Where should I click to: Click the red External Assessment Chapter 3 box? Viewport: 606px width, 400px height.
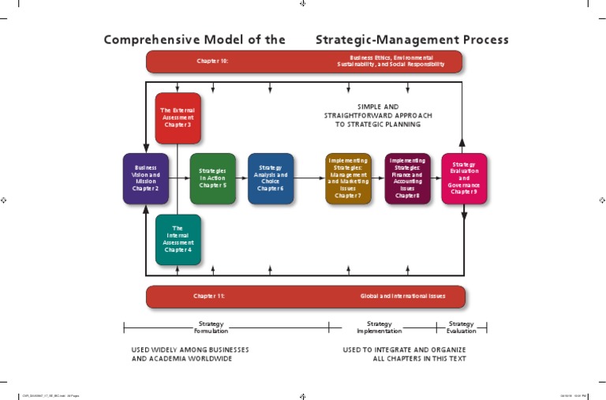coord(178,118)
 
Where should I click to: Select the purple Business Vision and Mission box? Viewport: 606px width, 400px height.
coord(145,178)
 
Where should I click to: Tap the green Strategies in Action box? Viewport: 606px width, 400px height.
coord(212,178)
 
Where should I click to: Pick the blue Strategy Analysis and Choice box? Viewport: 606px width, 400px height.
coord(270,178)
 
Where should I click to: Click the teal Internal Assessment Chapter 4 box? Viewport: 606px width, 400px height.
coord(178,239)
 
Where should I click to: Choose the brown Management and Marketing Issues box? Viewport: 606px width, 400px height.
coord(348,178)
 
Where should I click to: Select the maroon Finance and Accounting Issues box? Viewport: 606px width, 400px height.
coord(407,178)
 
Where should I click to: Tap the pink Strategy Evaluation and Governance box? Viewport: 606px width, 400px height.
coord(464,178)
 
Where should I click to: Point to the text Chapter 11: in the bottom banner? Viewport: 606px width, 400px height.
coord(209,296)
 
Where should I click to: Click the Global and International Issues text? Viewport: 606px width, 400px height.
coord(402,296)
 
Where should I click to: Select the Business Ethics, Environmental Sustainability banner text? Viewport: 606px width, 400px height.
coord(396,61)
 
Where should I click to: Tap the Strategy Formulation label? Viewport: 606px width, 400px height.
coord(211,327)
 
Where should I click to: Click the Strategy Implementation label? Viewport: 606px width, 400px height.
coord(380,327)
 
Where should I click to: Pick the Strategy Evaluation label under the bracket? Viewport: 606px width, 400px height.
coord(461,327)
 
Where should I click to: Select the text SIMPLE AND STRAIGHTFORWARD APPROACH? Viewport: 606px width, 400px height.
coord(378,110)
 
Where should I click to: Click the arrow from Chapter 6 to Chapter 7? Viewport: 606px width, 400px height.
coord(309,178)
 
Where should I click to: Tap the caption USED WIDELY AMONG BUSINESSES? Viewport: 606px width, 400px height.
coord(189,349)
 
